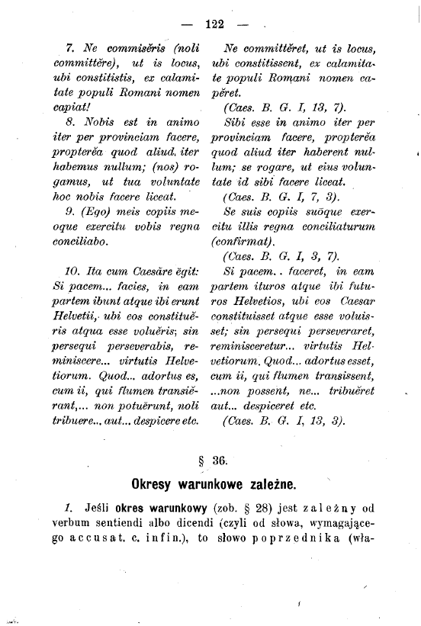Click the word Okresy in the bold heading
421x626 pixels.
click(156, 485)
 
